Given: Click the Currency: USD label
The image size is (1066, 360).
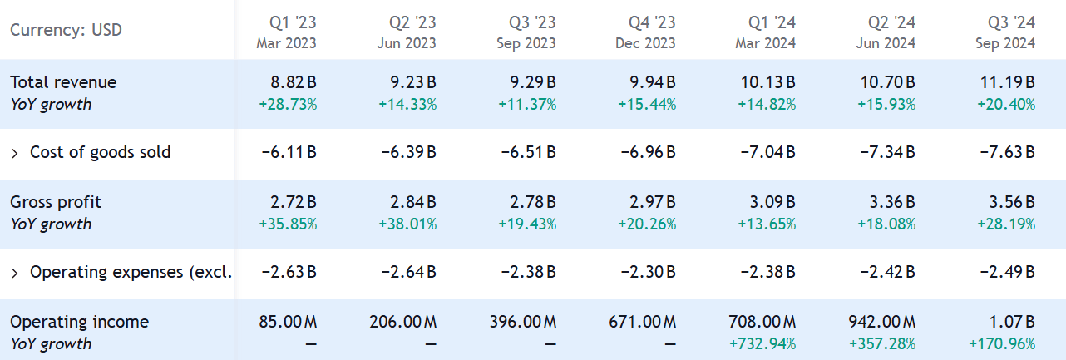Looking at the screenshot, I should point(66,31).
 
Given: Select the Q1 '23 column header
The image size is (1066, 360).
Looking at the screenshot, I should point(293,22).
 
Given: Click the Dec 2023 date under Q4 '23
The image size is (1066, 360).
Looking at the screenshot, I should point(646,43).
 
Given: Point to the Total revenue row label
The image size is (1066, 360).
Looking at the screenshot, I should point(63,82).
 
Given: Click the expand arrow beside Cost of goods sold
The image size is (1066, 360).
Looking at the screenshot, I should point(15,153).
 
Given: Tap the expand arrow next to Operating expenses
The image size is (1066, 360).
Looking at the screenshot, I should point(15,273).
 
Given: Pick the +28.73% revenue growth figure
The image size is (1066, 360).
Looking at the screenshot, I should point(288,105).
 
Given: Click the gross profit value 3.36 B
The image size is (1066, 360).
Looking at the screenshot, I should point(888,202).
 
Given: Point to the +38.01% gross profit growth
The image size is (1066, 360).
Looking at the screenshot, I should point(407,224).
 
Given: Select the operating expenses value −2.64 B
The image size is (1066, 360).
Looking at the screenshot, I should point(407,273).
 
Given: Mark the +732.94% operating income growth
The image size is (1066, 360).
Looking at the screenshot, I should point(762,344).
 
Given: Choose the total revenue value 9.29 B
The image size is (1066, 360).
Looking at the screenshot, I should point(529,82).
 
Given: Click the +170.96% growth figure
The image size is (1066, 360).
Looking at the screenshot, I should point(1002,344).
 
